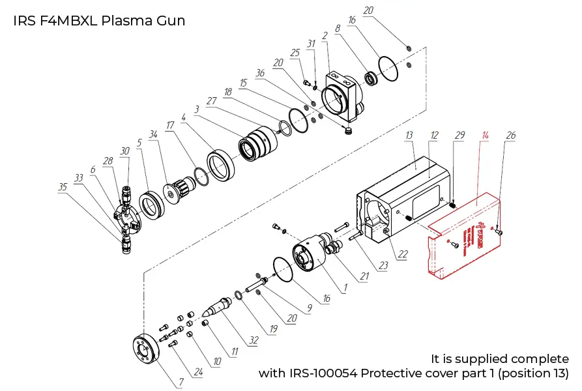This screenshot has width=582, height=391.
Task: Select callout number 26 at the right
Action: point(511,136)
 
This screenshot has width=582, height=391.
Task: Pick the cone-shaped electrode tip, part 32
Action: point(218,306)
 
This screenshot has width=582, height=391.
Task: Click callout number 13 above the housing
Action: point(409,135)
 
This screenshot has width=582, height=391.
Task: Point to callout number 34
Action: point(154,135)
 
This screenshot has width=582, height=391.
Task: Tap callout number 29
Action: point(459,135)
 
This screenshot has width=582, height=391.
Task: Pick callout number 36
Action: point(261,74)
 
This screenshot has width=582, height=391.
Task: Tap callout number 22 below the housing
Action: point(403,253)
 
